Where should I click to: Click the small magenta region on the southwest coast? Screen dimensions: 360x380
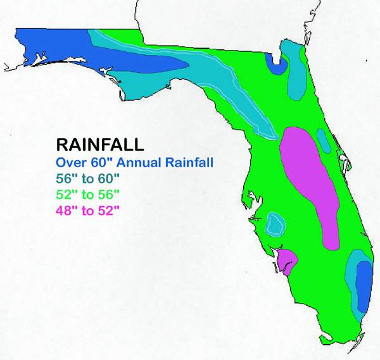click(x=286, y=259)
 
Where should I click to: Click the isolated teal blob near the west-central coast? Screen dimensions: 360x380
click(x=275, y=224)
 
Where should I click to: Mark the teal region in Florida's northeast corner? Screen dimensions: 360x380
click(x=295, y=73)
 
